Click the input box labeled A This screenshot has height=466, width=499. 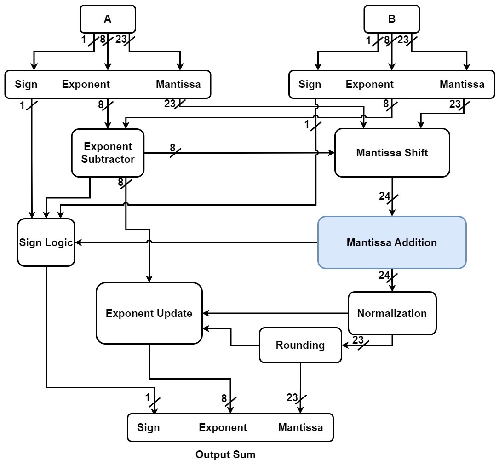108,19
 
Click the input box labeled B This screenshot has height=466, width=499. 391,19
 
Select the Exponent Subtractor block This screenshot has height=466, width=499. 108,153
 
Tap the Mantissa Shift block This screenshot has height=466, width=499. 392,153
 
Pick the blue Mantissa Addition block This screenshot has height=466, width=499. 392,242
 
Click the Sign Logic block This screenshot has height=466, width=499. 46,242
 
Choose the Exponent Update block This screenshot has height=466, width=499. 149,313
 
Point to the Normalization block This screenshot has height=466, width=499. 392,313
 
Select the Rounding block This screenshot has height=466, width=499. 300,345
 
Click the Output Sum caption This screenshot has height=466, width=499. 225,455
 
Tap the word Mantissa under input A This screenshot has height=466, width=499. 178,85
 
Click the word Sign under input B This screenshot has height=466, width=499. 310,85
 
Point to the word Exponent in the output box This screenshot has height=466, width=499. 223,427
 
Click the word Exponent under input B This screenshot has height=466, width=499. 369,85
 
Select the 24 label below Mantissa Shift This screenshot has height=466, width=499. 384,196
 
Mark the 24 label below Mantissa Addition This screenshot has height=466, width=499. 384,276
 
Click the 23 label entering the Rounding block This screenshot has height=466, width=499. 358,340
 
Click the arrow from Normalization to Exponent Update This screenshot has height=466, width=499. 276,313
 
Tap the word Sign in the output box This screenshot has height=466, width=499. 149,427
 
